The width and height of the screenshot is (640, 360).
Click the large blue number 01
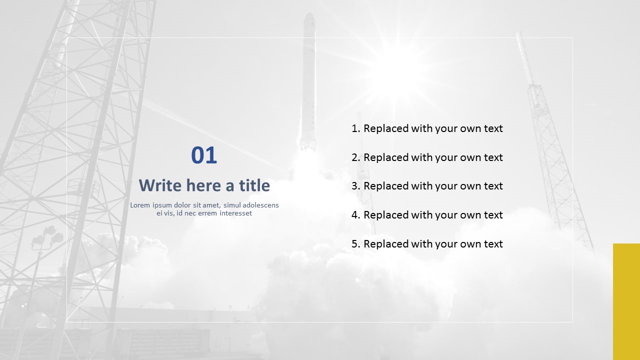pos(204,155)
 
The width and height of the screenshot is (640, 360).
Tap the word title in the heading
pos(254,185)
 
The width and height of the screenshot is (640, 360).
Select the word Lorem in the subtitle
pos(140,205)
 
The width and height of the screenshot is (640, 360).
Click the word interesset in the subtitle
pos(235,213)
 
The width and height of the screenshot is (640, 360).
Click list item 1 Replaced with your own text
pos(427,128)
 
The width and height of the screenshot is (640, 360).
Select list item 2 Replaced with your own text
pos(427,157)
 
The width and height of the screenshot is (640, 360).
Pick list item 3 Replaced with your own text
pos(427,186)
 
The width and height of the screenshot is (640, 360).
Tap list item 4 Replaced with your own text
pos(427,215)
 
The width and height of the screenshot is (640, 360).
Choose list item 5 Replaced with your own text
pos(427,244)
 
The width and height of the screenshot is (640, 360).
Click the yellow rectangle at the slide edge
pos(626,301)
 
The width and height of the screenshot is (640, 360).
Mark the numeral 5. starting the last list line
pos(356,244)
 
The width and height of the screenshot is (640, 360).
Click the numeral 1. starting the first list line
pos(356,128)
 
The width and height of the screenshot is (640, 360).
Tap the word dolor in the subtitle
pos(183,205)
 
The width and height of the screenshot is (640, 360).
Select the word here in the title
pos(203,185)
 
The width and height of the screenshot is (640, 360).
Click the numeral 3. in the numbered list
pos(356,186)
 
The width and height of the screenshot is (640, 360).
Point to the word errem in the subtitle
pos(207,213)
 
